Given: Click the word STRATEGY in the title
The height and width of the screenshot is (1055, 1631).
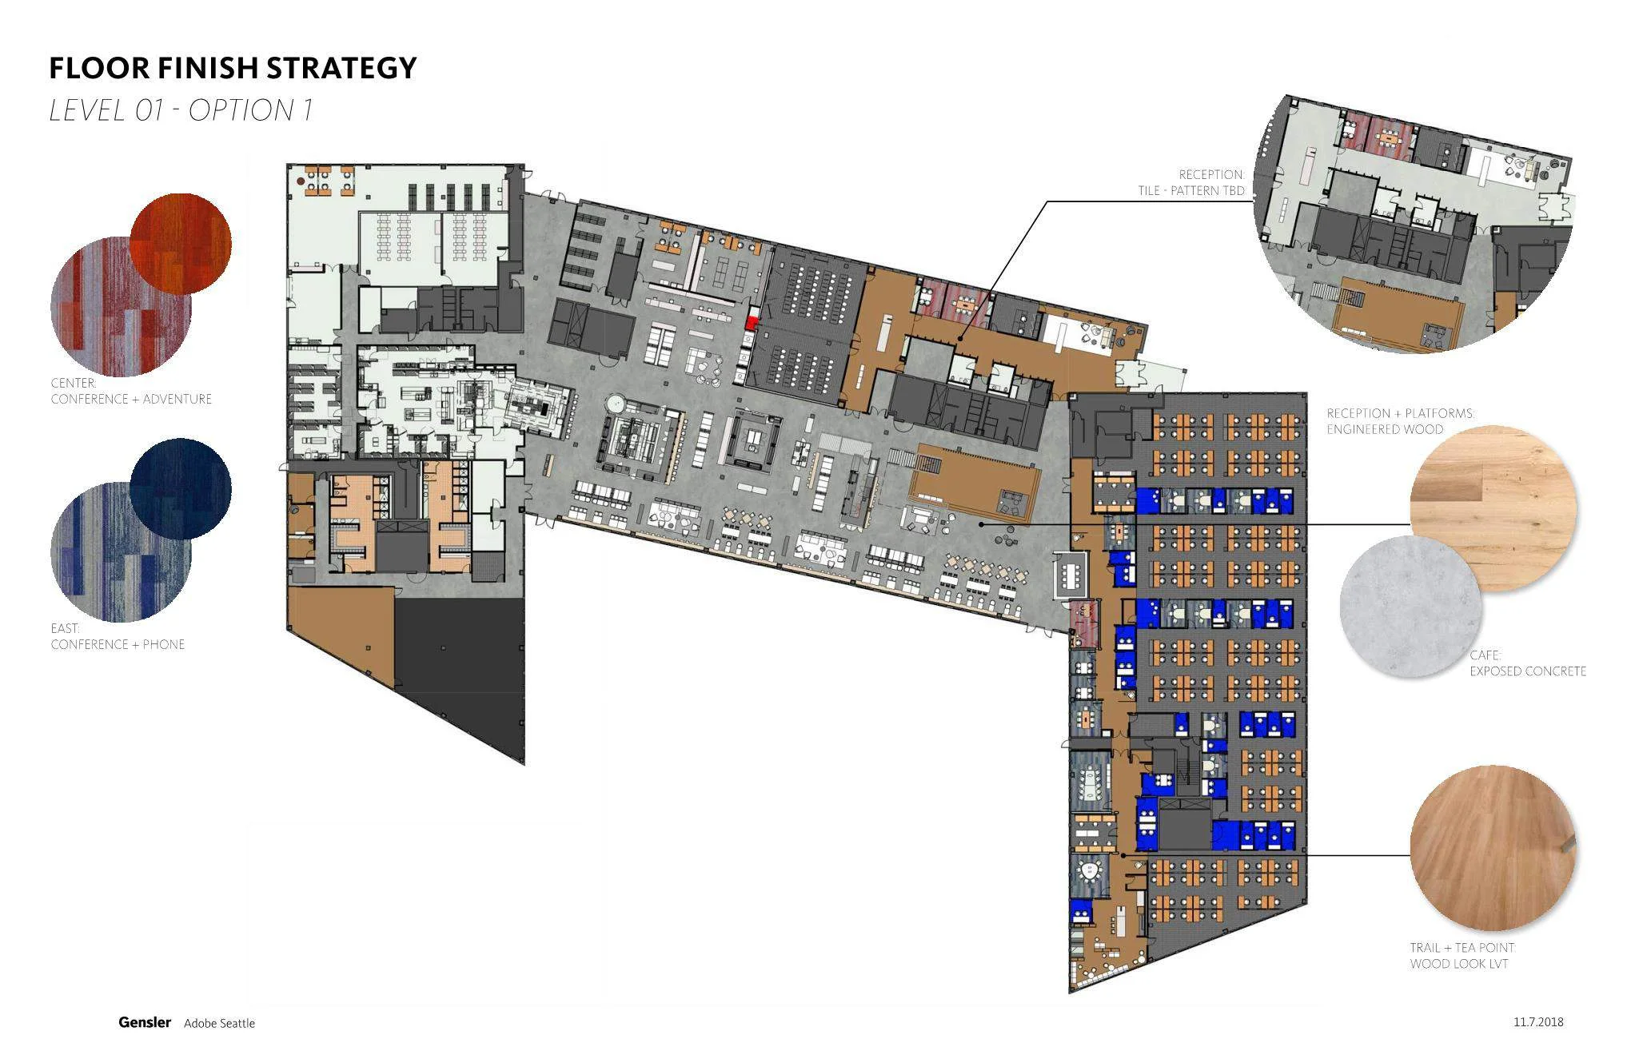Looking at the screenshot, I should (341, 68).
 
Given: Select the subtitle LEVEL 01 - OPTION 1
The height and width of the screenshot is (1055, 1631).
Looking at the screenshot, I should (181, 110).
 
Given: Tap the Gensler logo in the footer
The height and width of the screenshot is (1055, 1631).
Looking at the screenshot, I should (145, 1022).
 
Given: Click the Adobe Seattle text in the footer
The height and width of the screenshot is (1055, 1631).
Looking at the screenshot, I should (219, 1023).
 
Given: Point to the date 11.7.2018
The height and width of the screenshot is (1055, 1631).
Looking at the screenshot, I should (1537, 1021).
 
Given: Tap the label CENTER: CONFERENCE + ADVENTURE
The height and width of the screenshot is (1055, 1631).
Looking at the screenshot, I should (131, 391).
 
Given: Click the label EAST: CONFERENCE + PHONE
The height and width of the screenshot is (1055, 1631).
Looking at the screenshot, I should (118, 636).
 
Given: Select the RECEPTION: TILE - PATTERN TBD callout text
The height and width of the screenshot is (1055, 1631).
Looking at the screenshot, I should (1191, 182).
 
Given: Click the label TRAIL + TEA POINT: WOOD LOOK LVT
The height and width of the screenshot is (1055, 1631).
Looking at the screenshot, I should (1462, 956).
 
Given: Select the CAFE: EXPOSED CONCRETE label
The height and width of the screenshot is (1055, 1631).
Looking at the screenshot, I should (1527, 663).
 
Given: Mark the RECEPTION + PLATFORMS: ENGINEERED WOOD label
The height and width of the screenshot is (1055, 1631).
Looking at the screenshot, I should (1400, 421).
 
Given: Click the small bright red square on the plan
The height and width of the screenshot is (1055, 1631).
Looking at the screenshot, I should (752, 322).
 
